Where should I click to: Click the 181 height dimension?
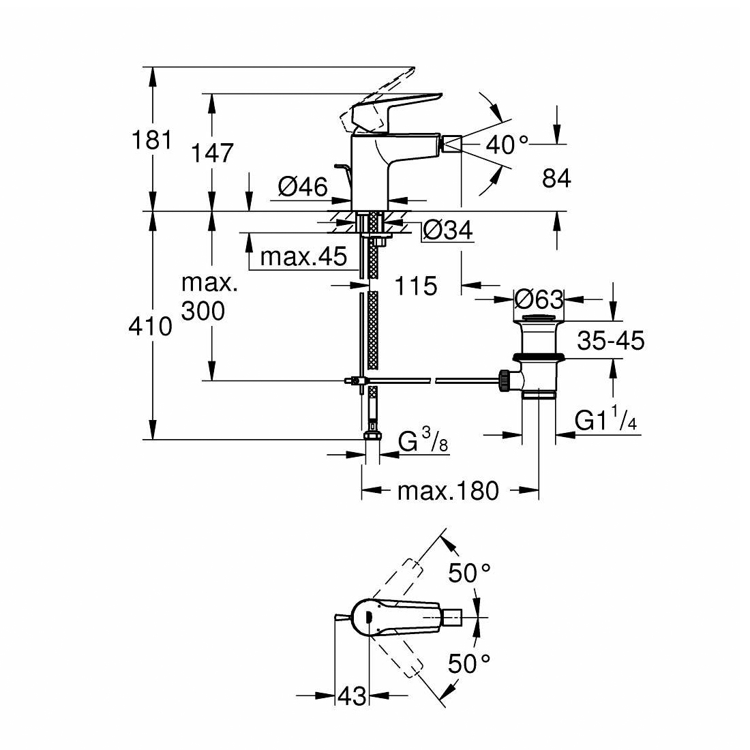tap(151, 140)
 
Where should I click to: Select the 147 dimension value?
tap(212, 153)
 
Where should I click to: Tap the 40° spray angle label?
tap(507, 145)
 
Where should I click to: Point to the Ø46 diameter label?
tap(303, 186)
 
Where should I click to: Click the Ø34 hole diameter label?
tap(448, 230)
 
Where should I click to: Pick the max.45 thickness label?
tap(303, 257)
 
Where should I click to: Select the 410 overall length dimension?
tap(150, 327)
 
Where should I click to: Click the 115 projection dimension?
tap(416, 286)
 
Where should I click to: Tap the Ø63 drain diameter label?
tap(539, 300)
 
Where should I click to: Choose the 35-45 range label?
tap(611, 340)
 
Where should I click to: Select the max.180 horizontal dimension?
tap(448, 491)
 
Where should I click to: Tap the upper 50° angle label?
tap(469, 573)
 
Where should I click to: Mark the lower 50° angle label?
tap(469, 664)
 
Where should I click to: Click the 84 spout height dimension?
tap(556, 179)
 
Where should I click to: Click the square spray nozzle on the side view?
tap(452, 144)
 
